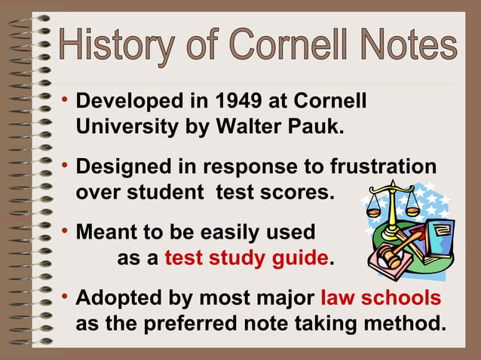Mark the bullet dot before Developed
point(66,99)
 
